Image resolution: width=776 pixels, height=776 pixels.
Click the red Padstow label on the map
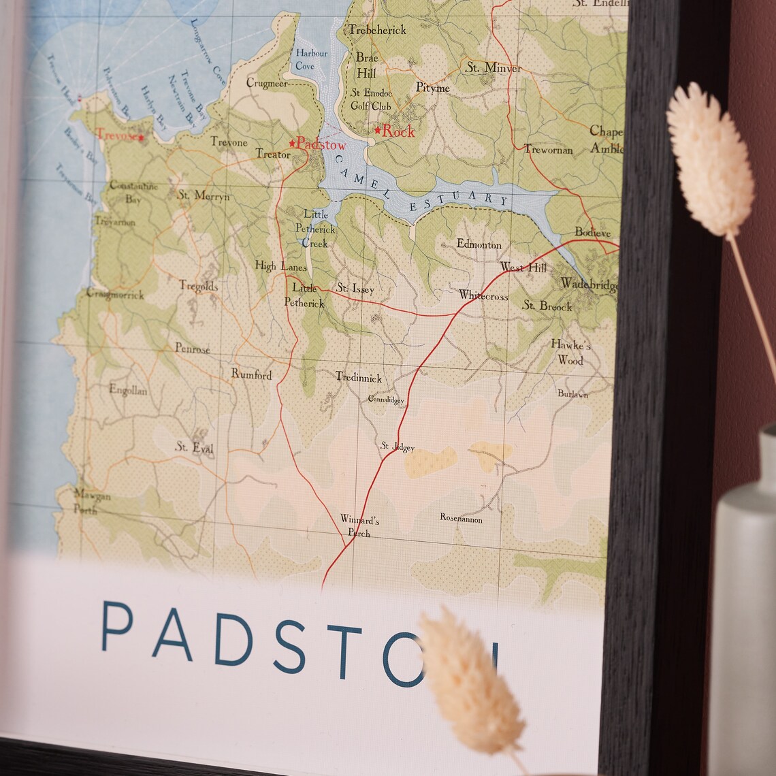(321, 144)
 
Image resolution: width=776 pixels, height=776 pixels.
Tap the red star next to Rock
(378, 130)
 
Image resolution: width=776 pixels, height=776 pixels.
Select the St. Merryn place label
(204, 195)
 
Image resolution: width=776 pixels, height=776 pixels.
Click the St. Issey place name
(355, 289)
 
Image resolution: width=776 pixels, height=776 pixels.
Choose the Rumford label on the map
(251, 374)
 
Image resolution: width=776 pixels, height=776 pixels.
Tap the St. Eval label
(195, 447)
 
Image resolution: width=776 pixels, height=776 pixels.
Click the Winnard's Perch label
(359, 526)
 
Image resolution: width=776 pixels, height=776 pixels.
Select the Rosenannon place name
(461, 519)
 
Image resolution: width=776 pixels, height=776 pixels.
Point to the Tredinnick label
(359, 377)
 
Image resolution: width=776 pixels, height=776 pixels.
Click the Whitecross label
(483, 295)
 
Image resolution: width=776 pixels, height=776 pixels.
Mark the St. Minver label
(494, 68)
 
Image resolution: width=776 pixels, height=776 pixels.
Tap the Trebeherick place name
(377, 30)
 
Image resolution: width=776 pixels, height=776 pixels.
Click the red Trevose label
(117, 135)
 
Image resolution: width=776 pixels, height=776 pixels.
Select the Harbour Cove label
(311, 59)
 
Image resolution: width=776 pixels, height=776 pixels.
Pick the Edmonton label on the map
(479, 244)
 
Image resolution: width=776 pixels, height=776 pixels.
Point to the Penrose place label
(193, 349)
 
